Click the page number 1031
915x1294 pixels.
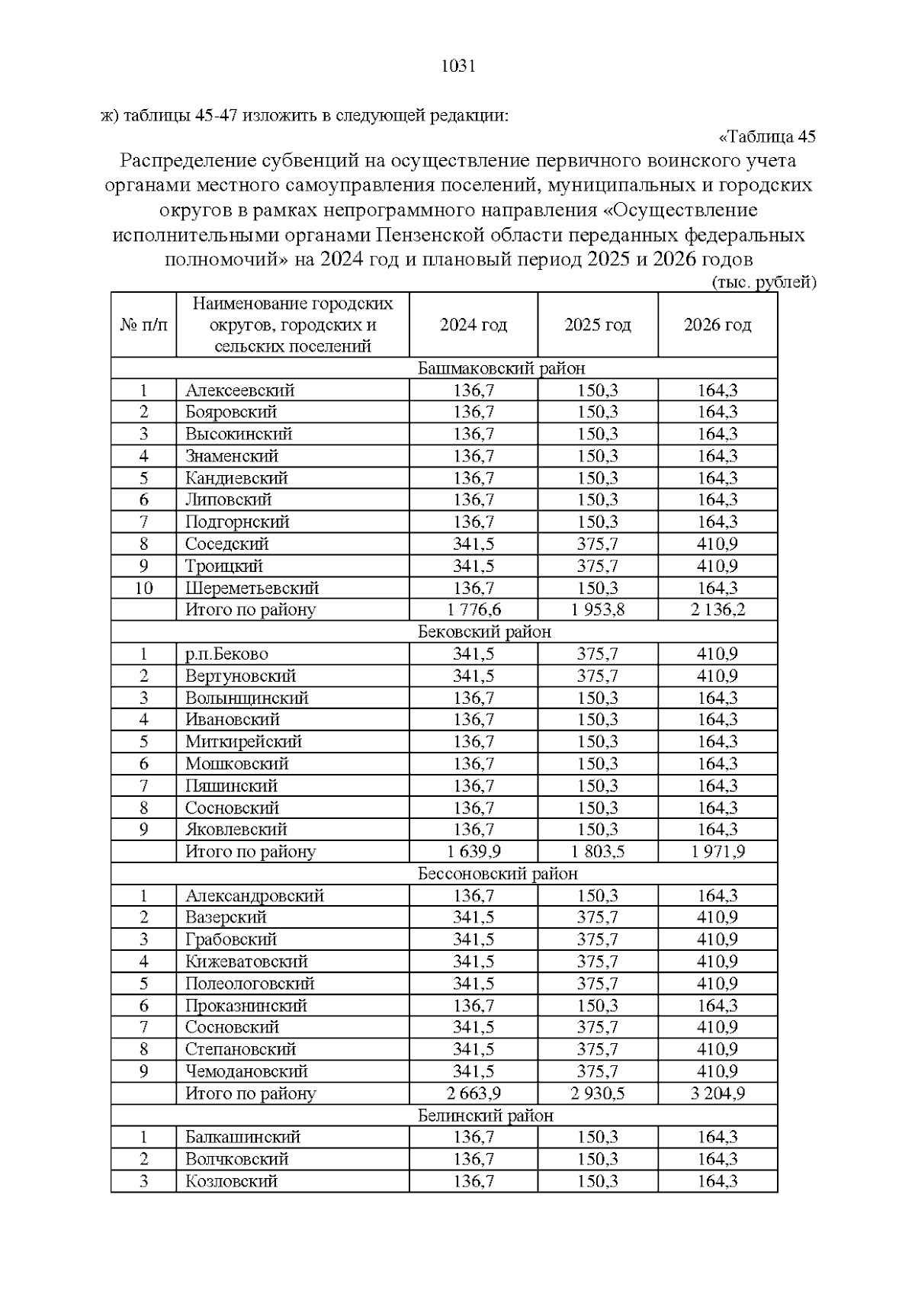[x=458, y=66]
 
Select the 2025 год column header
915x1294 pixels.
[x=598, y=325]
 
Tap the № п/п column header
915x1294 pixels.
[x=143, y=325]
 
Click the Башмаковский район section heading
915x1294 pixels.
[x=502, y=368]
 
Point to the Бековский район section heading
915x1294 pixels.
[x=484, y=632]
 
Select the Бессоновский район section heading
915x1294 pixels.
[x=498, y=874]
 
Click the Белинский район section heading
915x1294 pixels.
[x=486, y=1116]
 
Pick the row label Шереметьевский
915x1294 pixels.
[x=252, y=588]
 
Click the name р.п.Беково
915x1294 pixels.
[x=226, y=654]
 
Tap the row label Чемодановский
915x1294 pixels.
[x=246, y=1071]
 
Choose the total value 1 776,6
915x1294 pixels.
[x=474, y=610]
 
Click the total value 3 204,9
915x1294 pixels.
[x=718, y=1093]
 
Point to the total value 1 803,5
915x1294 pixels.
[x=598, y=852]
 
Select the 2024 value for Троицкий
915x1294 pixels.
[x=474, y=566]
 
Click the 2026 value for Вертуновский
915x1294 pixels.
[x=718, y=676]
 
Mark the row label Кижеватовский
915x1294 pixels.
[x=246, y=962]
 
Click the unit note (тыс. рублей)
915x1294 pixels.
[x=763, y=283]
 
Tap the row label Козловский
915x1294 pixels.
[x=231, y=1181]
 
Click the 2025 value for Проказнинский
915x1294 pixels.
[x=598, y=1006]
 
